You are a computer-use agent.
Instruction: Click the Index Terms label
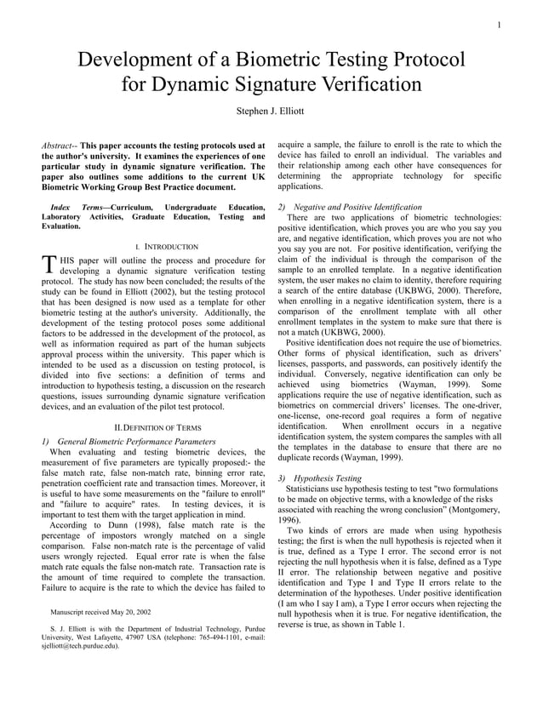coord(77,208)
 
